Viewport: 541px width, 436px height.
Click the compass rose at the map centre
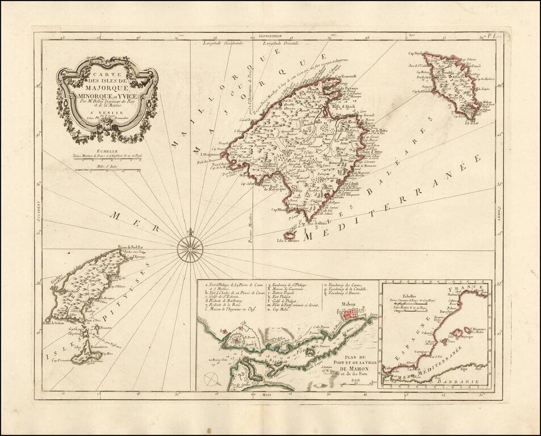tap(188, 249)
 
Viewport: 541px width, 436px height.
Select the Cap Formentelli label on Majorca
tap(343, 78)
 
